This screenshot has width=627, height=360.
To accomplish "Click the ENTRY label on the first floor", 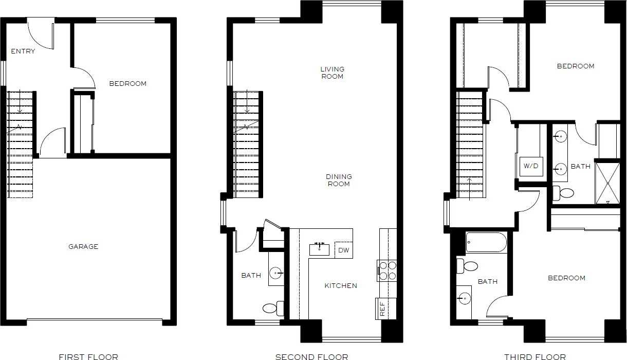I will (23, 51).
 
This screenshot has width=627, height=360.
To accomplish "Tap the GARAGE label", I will (83, 246).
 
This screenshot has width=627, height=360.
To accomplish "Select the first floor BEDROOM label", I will (127, 83).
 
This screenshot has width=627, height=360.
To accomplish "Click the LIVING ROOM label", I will (332, 73).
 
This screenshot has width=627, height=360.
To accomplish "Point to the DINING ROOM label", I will (339, 180).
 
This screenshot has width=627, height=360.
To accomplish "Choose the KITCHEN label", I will (341, 285).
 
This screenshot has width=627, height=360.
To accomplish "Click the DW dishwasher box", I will (343, 250).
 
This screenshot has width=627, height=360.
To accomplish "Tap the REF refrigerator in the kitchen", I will (382, 309).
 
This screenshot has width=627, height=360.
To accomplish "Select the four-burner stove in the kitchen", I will (388, 271).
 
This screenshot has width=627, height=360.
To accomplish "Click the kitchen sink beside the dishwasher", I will (320, 249).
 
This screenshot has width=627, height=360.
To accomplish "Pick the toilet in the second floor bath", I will (272, 308).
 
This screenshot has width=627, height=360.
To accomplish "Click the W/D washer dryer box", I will (531, 166).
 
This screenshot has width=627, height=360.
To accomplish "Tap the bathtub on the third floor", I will (486, 242).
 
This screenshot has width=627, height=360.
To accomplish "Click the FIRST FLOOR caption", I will (88, 356).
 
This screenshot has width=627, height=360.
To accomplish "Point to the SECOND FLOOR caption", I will (311, 356).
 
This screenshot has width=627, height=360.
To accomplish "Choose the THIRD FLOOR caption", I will (535, 356).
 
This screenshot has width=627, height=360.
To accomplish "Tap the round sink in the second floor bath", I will (276, 272).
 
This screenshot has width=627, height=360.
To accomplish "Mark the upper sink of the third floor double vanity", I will (560, 137).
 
